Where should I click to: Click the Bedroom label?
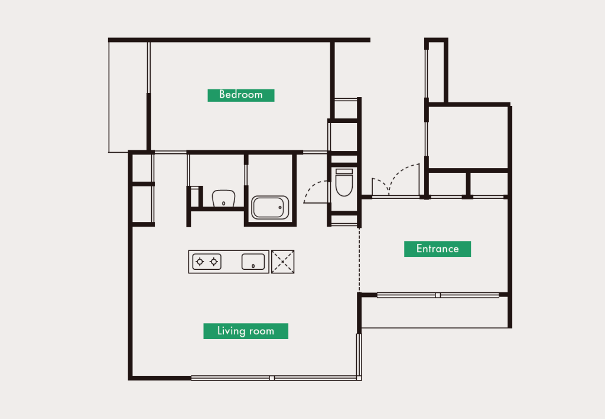(241, 95)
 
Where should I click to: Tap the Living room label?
(246, 331)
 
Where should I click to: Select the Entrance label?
(438, 249)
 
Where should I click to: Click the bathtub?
(270, 208)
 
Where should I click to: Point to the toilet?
(344, 182)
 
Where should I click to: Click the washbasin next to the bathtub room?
(224, 198)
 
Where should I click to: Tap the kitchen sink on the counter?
(253, 262)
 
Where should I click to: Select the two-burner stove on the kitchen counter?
(207, 262)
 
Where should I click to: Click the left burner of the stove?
(200, 262)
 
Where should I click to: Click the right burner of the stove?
(214, 262)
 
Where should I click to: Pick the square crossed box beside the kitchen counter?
(283, 262)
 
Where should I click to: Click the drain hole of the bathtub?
(280, 208)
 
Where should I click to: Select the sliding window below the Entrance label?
(438, 295)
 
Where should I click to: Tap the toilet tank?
(344, 171)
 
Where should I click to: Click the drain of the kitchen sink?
(253, 266)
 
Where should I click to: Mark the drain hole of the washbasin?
(224, 204)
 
